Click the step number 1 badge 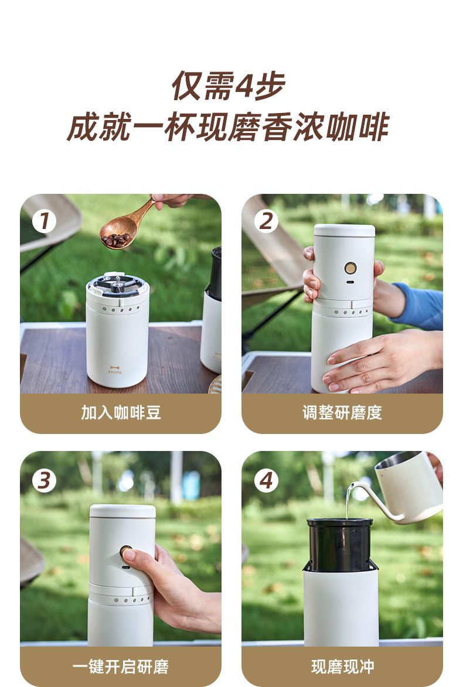pos(45,221)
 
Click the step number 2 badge pos(266,220)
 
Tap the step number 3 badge pos(45,481)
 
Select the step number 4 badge pos(266,481)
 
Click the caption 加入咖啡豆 pos(121,413)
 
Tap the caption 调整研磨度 pos(342,413)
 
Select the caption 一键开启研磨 pos(121,667)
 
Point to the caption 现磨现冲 pos(342,667)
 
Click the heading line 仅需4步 pos(229,86)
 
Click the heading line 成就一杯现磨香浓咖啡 pos(228,127)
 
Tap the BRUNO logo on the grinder pos(115,370)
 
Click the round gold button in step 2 pos(350,268)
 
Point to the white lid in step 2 pos(345,230)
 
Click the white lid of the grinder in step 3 pos(122,511)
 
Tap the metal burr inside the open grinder pos(117,284)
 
